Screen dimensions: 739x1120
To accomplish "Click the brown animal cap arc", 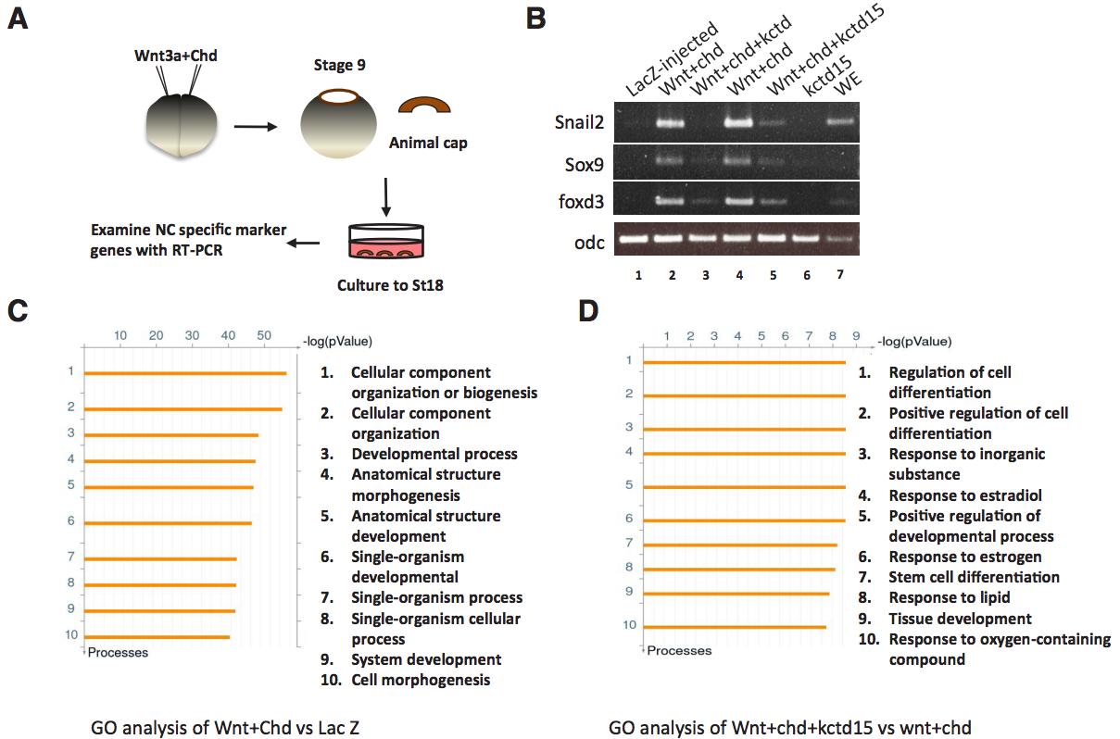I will click(x=424, y=109).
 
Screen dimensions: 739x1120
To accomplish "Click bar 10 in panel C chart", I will click(x=157, y=636).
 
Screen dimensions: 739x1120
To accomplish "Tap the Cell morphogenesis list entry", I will click(x=421, y=680).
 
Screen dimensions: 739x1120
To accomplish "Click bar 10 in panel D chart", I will click(x=734, y=627).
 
